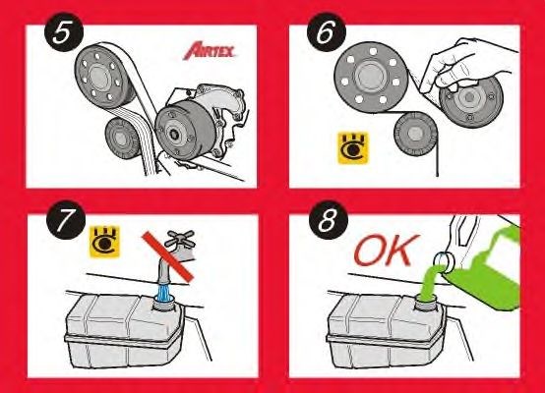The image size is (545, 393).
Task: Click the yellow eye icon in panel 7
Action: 100,240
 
